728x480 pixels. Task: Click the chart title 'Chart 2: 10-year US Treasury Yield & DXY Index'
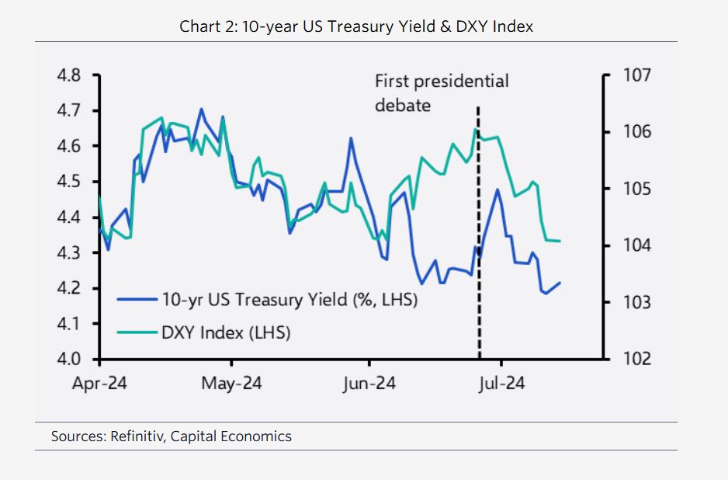click(356, 26)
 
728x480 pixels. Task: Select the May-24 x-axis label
click(232, 384)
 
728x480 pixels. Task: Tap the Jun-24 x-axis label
click(369, 384)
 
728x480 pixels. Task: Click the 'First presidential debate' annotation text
click(441, 92)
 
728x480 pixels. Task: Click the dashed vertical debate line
click(478, 233)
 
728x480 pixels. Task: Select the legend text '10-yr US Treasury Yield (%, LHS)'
click(289, 299)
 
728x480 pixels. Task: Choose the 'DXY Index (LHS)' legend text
click(225, 333)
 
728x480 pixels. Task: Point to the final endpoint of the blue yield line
click(560, 283)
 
